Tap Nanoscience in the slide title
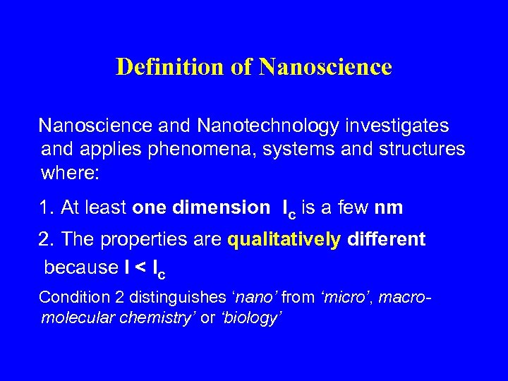[x=325, y=67]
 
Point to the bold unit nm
[x=389, y=207]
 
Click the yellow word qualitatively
[x=284, y=239]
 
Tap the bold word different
[x=387, y=239]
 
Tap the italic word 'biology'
[x=250, y=318]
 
